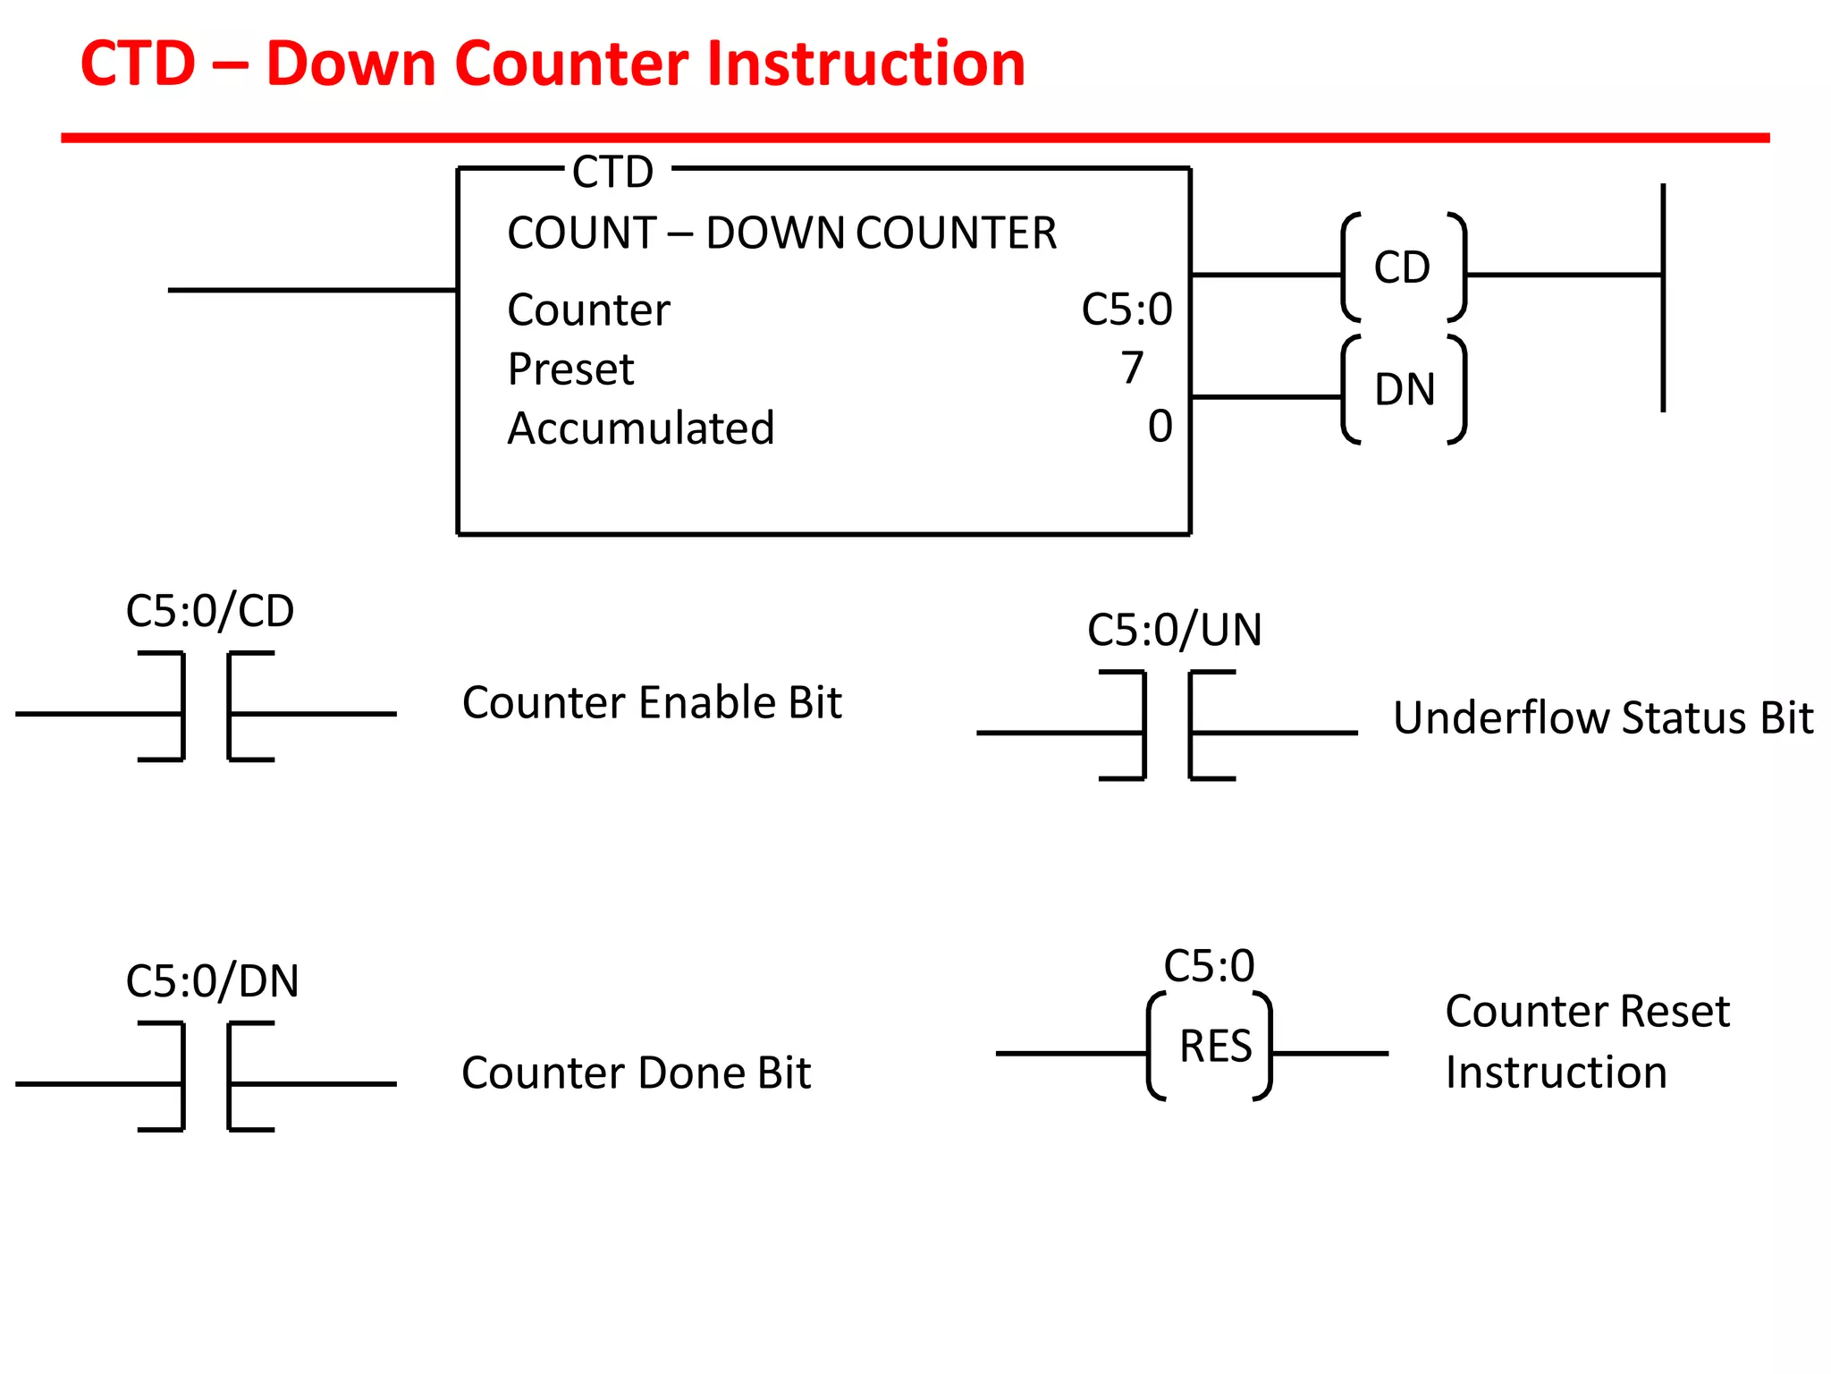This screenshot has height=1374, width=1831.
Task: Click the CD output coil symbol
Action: click(1403, 267)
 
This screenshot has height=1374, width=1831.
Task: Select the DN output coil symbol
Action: click(1404, 390)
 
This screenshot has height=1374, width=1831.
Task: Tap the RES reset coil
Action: click(1210, 1047)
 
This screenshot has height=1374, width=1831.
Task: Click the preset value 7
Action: click(1132, 368)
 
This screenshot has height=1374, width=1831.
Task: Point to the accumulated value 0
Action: click(1160, 427)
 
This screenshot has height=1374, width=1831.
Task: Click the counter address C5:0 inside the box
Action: click(1126, 310)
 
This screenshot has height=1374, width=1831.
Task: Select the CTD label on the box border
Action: click(613, 172)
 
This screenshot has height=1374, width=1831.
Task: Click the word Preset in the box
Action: click(570, 369)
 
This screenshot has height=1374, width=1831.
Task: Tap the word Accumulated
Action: click(640, 428)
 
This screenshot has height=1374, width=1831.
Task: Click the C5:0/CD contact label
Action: click(210, 611)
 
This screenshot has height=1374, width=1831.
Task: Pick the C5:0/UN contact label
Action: click(1174, 630)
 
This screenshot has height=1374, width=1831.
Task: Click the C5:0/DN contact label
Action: click(212, 981)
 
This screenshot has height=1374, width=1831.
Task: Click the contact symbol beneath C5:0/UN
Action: click(1167, 725)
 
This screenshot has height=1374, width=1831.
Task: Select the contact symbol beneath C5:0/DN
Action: click(206, 1077)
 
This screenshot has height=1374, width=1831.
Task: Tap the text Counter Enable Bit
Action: click(652, 703)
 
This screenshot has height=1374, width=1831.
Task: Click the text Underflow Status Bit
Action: click(1603, 718)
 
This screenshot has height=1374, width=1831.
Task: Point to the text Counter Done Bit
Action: click(636, 1073)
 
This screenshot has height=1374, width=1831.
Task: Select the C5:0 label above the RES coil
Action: click(1209, 967)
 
